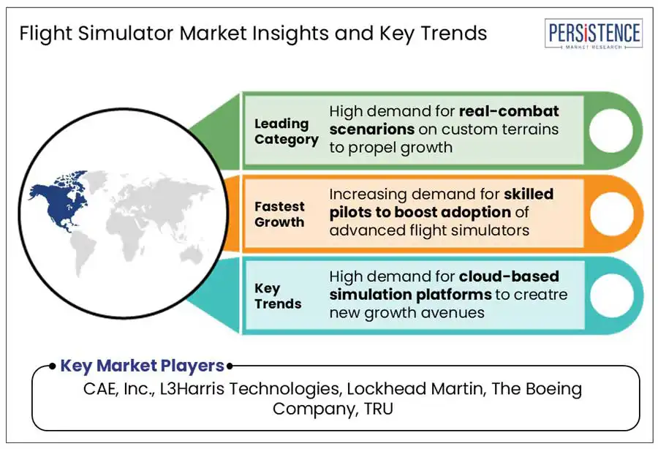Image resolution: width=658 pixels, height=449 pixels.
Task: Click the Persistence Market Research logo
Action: tap(594, 34)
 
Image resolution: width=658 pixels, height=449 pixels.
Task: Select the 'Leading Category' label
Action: tap(286, 132)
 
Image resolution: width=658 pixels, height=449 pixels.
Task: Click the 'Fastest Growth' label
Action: tap(279, 214)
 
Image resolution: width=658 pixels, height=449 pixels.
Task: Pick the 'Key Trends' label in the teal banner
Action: tap(278, 296)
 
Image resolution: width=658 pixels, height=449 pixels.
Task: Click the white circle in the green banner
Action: tap(610, 130)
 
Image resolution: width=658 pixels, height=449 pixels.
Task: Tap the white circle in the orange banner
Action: tap(611, 214)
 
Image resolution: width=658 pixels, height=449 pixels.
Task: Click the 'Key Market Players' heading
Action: tap(142, 366)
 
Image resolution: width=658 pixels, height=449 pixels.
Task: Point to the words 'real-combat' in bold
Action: tap(509, 111)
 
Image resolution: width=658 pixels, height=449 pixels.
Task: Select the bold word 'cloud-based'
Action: tap(509, 276)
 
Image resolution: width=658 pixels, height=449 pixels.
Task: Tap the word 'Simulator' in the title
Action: tap(126, 33)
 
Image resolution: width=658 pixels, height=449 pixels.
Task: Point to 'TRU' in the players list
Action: tap(379, 408)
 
